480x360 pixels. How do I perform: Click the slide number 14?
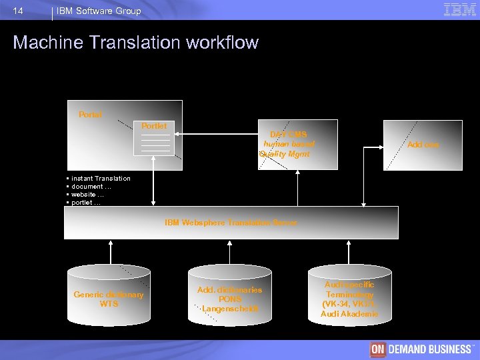click(18, 11)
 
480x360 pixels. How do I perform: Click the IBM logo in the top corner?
click(459, 10)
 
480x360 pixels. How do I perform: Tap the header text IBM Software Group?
click(99, 11)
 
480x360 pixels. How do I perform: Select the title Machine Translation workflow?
click(135, 43)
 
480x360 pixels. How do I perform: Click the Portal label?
click(90, 115)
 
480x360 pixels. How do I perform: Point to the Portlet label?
click(153, 125)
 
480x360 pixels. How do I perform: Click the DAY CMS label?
click(288, 135)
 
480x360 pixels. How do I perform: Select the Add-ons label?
click(423, 145)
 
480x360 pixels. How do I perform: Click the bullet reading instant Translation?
click(101, 179)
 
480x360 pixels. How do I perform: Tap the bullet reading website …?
click(87, 195)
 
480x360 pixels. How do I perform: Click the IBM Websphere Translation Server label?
click(231, 223)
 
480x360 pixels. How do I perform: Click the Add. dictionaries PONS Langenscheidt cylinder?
click(229, 299)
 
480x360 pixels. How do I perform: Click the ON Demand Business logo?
click(421, 349)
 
